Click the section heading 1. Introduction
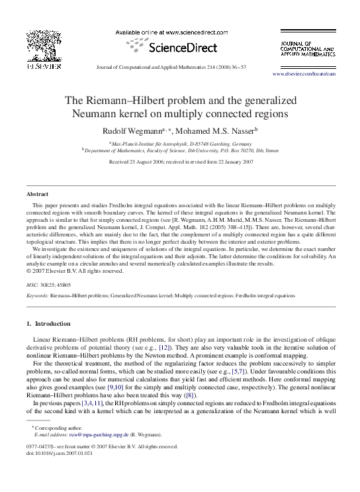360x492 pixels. [47, 324]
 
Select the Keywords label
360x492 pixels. [37, 295]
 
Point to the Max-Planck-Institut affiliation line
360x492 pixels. [180, 142]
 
